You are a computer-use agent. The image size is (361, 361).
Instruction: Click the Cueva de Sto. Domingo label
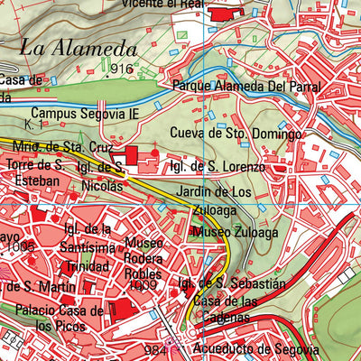236,134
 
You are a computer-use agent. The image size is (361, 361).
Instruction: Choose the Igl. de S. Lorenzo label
218,168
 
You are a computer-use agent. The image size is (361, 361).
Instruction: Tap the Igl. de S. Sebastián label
232,284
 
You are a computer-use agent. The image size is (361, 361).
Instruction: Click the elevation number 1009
143,285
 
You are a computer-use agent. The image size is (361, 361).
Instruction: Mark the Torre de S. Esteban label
32,173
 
